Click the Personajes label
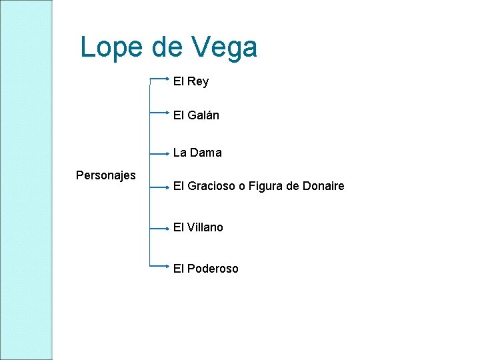tap(106, 175)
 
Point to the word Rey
tap(198, 81)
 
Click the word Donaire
tap(323, 187)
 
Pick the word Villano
tap(205, 227)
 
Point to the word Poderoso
tap(213, 269)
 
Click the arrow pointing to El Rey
tap(160, 78)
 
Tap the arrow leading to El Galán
tap(160, 113)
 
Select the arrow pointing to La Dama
tap(160, 153)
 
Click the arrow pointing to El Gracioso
tap(160, 187)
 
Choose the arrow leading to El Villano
tap(160, 228)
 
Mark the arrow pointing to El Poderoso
tap(160, 265)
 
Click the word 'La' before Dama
tap(179, 153)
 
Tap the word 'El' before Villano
tap(178, 227)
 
